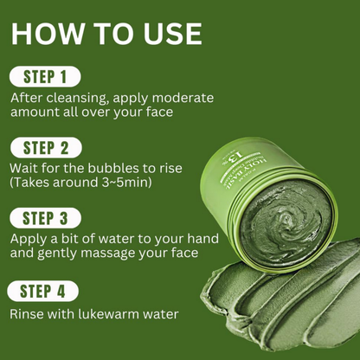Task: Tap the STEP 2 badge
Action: (x=46, y=146)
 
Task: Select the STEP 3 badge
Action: (x=46, y=217)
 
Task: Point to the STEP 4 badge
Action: (x=43, y=291)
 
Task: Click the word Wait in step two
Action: (x=26, y=167)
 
